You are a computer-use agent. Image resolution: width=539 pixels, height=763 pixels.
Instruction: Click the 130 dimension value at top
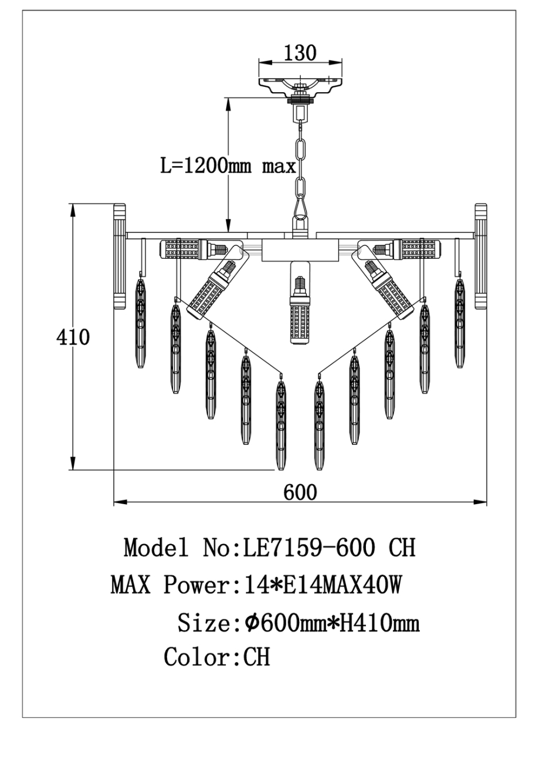pyautogui.click(x=300, y=53)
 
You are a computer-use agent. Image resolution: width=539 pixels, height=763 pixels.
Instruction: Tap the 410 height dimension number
pyautogui.click(x=73, y=337)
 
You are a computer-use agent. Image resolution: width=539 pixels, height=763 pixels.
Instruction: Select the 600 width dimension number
pyautogui.click(x=300, y=492)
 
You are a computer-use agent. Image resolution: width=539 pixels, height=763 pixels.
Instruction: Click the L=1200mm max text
pyautogui.click(x=228, y=166)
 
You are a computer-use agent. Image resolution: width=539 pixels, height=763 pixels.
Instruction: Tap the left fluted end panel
pyautogui.click(x=120, y=257)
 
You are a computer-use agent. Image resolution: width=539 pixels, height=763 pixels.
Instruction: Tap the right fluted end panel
pyautogui.click(x=481, y=257)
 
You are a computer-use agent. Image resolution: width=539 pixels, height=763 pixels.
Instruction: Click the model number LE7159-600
pyautogui.click(x=305, y=548)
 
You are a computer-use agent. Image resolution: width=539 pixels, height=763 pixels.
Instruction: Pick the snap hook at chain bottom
pyautogui.click(x=301, y=207)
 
